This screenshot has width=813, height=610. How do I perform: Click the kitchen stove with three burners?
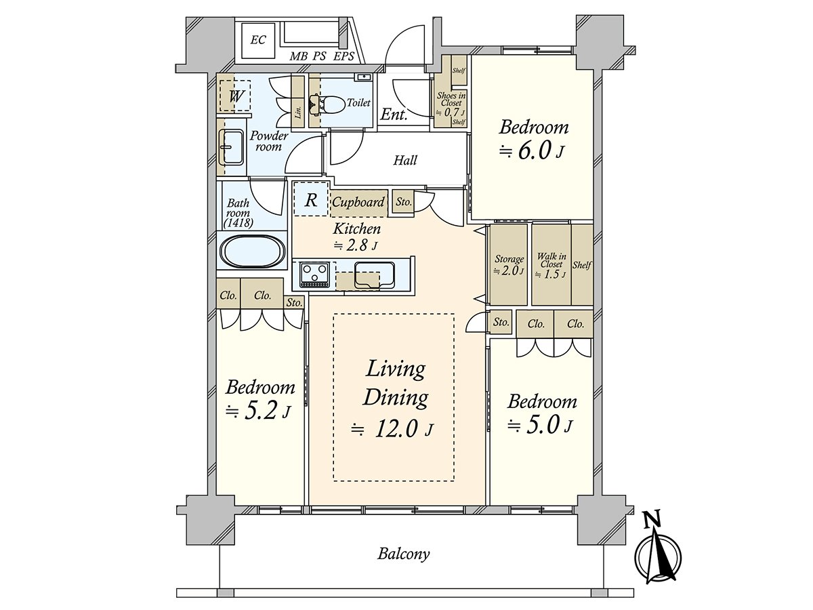coord(314,273)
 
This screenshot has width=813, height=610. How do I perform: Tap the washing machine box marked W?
coord(235,96)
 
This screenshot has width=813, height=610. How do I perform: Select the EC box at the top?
coord(257,40)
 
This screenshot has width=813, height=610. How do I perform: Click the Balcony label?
coord(403,554)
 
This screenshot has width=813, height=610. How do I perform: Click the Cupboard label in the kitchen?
coord(358,202)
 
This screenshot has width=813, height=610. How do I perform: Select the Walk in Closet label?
coord(551,265)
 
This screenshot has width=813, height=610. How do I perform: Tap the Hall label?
coord(405,161)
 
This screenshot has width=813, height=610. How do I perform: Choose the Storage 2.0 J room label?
coord(509,264)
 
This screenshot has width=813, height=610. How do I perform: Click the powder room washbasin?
coord(232,146)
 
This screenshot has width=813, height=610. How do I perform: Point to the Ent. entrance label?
coord(394,115)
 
